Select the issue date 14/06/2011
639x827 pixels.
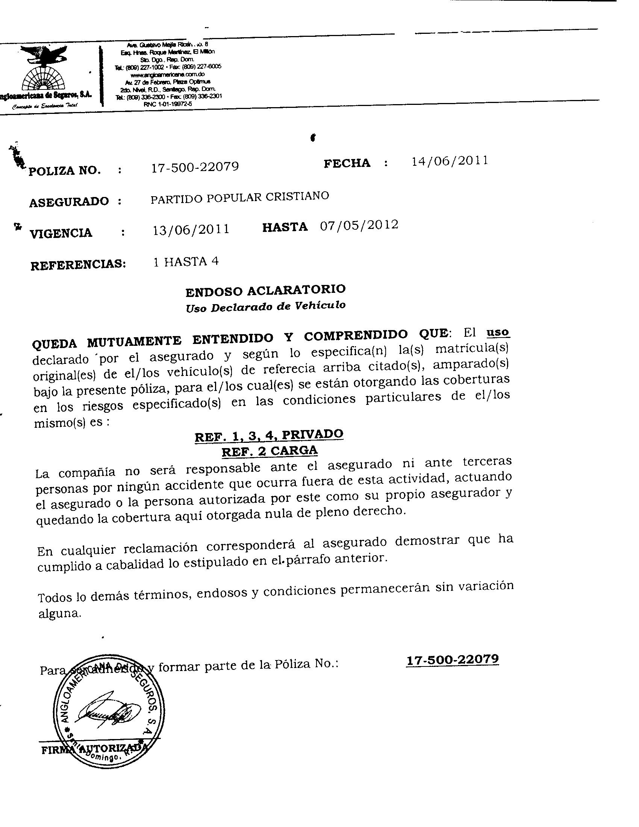(449, 161)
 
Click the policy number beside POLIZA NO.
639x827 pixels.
(195, 167)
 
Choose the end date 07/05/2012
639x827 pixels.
(359, 225)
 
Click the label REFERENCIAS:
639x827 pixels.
(78, 264)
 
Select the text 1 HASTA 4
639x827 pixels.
(186, 262)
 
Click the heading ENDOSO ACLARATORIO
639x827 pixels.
(265, 291)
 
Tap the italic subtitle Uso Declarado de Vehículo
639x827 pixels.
(265, 306)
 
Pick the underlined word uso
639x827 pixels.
(498, 332)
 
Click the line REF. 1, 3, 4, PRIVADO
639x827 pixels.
(269, 435)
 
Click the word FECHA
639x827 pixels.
(347, 163)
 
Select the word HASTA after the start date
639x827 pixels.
(285, 227)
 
